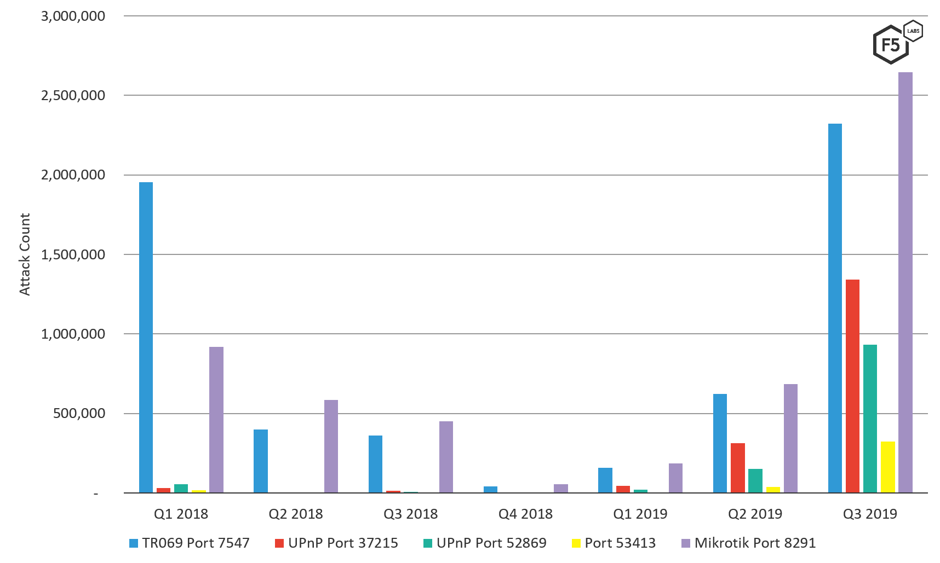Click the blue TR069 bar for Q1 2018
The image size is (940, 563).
[146, 337]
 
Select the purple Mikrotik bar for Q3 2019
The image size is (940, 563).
[905, 282]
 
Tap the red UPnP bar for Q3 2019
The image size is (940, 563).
[852, 386]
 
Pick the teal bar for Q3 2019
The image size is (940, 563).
[870, 419]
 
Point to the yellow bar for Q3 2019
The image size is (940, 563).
[887, 467]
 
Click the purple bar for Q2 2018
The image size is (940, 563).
[331, 446]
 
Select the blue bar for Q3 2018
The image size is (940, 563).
[375, 464]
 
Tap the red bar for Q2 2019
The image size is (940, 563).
[737, 468]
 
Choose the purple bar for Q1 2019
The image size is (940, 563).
[675, 478]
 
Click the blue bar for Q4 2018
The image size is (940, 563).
[490, 489]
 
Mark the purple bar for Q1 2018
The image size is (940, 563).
[216, 420]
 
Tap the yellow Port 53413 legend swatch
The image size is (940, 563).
[576, 543]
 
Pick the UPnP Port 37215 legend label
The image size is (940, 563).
[343, 543]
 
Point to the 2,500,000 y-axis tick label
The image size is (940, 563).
[73, 95]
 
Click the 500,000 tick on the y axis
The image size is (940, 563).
[79, 413]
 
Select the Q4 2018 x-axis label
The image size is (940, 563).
[525, 514]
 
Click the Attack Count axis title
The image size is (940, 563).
[25, 254]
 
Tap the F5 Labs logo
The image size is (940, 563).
[896, 44]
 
